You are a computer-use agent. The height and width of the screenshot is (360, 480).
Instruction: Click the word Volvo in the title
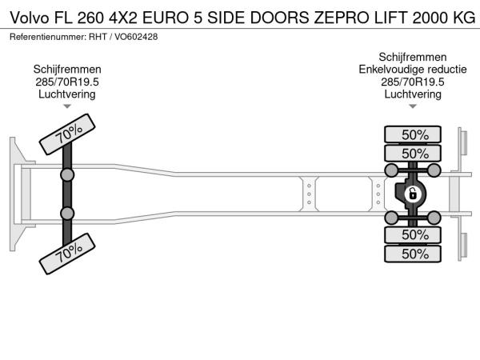(x=30, y=18)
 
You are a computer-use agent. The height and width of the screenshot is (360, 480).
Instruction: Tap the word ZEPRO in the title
(x=339, y=18)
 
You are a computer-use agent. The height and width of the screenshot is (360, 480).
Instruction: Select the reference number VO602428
(x=136, y=37)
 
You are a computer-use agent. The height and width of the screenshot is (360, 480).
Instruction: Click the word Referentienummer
(x=48, y=37)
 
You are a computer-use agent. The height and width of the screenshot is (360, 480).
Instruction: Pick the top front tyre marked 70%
(x=67, y=134)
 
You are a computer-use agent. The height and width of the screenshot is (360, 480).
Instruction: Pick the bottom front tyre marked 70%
(x=67, y=254)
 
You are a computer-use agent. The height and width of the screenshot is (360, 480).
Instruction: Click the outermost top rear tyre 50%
(x=413, y=134)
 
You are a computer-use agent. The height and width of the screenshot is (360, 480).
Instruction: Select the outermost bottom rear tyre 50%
(x=413, y=254)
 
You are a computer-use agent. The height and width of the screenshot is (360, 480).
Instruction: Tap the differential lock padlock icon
(x=413, y=194)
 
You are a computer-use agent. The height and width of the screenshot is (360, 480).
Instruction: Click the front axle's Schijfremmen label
(x=67, y=70)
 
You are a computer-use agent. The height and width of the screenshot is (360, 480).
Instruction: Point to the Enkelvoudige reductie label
(x=413, y=70)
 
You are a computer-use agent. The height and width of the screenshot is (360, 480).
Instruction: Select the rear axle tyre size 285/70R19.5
(x=413, y=82)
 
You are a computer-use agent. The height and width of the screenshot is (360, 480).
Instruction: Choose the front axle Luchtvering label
(x=67, y=94)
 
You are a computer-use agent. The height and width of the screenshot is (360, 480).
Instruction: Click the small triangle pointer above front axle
(x=67, y=106)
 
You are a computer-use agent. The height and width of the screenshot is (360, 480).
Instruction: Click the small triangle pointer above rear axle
(x=413, y=106)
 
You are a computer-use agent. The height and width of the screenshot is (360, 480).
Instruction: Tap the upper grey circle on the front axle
(x=67, y=175)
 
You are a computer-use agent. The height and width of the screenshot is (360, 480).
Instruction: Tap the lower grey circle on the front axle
(x=67, y=214)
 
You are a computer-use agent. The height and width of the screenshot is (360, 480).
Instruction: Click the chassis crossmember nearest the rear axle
(x=378, y=194)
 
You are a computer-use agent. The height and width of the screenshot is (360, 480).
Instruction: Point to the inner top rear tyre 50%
(x=413, y=153)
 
